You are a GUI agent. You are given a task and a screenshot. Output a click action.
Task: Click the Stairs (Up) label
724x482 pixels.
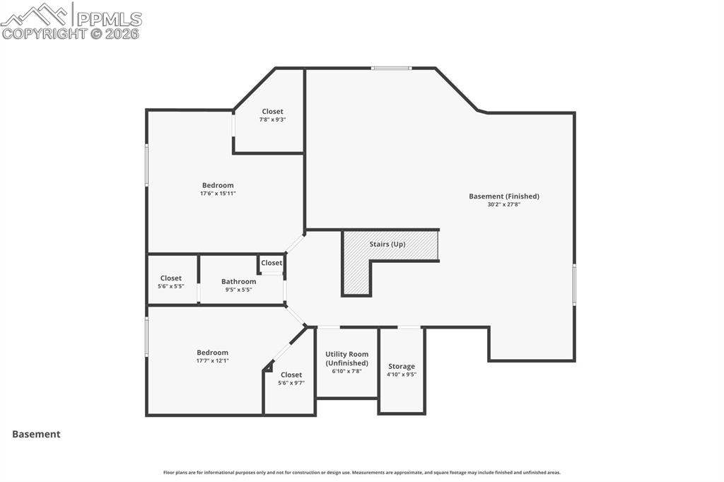387,244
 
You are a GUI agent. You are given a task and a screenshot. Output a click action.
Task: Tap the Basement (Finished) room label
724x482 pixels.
504,196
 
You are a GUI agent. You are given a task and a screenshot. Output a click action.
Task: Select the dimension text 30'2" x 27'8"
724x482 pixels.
504,205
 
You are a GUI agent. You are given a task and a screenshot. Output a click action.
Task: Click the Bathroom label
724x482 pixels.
238,281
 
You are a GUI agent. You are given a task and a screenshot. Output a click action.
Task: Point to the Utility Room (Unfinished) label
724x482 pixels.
346,358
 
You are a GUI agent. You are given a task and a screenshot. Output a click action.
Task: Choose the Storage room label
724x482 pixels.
402,366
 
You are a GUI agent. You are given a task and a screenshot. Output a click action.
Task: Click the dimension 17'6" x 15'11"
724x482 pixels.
218,193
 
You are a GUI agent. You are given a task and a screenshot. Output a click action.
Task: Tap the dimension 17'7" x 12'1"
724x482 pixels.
212,360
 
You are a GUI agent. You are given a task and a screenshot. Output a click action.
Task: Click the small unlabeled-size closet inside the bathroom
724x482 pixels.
271,263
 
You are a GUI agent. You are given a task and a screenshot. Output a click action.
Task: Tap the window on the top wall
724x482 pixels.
392,68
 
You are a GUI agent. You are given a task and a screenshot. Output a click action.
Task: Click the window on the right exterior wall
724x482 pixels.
574,284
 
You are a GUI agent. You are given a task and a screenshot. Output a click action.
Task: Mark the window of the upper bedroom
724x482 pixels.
146,165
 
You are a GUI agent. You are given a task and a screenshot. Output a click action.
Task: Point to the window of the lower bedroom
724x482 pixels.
146,336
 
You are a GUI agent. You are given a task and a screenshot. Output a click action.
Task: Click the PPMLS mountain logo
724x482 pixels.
35,13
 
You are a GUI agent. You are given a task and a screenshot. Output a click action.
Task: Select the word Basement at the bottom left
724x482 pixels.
36,435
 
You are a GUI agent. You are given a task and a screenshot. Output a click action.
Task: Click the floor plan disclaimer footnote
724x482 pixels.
362,472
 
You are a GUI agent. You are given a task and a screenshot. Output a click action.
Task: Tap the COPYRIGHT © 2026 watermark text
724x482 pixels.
71,33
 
